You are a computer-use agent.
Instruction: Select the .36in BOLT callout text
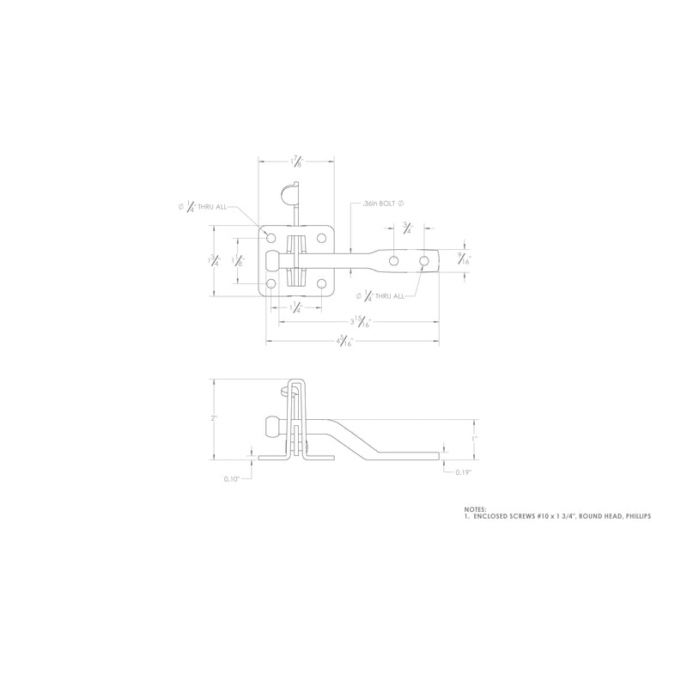coord(382,203)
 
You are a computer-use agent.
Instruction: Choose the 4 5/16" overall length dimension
coord(343,341)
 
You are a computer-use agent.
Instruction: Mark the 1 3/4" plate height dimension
coord(216,261)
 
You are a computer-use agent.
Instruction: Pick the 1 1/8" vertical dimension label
coord(240,261)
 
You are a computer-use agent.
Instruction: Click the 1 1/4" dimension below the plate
coord(296,307)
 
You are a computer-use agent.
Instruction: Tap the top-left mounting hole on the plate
coord(271,237)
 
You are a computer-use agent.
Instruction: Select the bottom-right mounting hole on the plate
coord(321,283)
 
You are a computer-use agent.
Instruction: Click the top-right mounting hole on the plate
coord(321,237)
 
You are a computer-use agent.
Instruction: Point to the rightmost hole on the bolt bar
coord(424,259)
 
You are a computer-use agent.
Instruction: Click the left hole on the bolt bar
coord(393,259)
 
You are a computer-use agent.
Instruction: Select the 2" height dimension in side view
coord(214,418)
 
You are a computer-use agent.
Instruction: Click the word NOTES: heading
coord(475,508)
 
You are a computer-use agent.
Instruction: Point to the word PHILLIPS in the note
coord(636,516)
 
